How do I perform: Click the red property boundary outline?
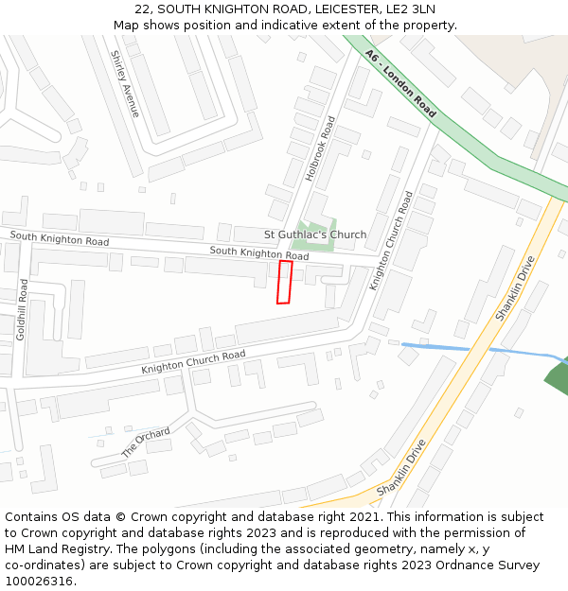pos(284,283)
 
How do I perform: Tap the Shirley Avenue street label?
pos(125,84)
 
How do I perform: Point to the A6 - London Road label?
pos(400,84)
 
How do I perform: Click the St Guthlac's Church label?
pos(315,235)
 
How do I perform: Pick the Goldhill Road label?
pos(25,307)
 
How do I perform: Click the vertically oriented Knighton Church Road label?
pos(392,241)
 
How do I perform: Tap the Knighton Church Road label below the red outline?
pos(193,361)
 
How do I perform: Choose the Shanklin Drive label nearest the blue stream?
pos(515,287)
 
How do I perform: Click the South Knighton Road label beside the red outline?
pos(259,253)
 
